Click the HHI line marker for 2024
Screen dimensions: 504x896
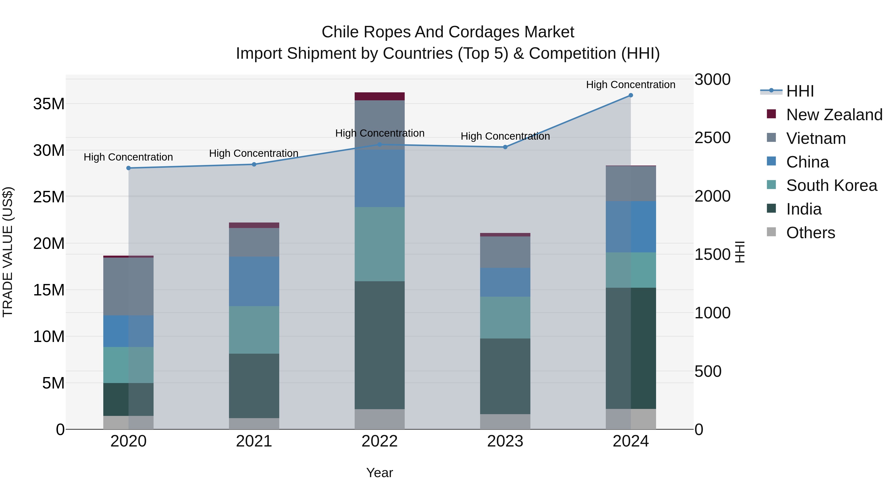coord(631,95)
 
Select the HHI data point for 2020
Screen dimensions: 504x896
coord(128,168)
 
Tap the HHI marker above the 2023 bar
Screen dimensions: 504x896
coord(505,147)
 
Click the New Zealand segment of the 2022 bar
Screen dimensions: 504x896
coord(380,96)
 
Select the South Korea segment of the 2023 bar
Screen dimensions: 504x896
coord(505,317)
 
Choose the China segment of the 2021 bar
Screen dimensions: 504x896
coord(254,281)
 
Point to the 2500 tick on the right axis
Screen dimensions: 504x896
coord(712,138)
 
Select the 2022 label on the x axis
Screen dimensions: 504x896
coord(380,441)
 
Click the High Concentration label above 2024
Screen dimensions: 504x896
coord(631,85)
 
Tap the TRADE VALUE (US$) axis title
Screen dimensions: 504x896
coord(8,252)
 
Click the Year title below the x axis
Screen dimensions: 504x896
coord(380,473)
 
